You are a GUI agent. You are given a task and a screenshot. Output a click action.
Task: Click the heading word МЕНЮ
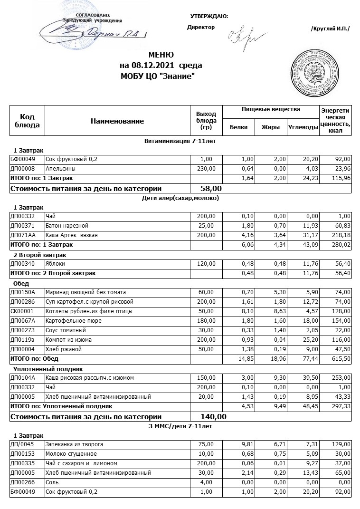click(161, 55)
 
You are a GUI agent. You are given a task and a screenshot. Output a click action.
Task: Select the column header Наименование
click(117, 121)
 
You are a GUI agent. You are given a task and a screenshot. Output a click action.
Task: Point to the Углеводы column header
click(303, 127)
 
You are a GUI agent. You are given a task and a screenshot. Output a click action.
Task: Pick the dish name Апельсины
click(60, 168)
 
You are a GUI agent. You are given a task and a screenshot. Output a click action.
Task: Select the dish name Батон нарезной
click(67, 225)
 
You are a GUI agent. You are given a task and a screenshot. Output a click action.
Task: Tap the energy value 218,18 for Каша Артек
click(341, 235)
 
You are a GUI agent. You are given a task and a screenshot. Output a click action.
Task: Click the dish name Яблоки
click(55, 263)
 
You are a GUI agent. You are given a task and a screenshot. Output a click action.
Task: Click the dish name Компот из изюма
click(69, 339)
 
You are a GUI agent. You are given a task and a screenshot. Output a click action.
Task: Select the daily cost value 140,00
click(214, 417)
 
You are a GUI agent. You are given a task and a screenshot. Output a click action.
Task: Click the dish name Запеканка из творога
click(74, 444)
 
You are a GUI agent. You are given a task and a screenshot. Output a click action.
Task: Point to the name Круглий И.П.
click(330, 29)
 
